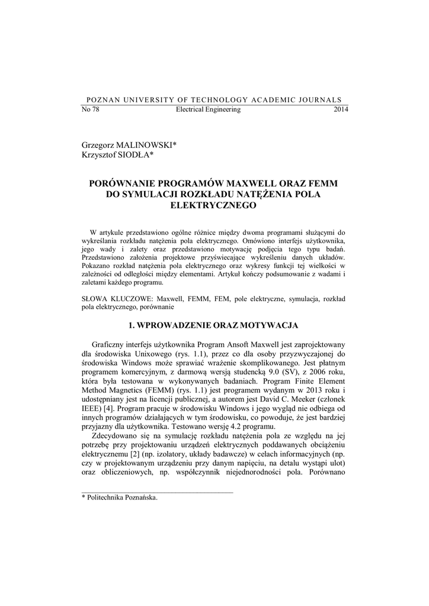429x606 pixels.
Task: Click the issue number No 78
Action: tap(90, 109)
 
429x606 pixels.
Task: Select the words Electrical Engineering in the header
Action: tap(209, 109)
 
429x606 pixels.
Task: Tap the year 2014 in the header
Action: tap(341, 109)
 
